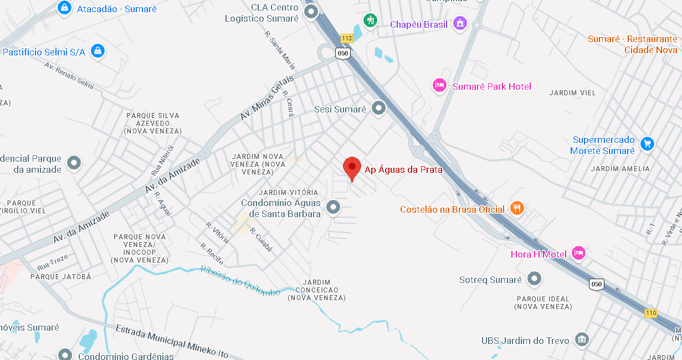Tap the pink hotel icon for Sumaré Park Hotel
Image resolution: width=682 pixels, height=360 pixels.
[439, 85]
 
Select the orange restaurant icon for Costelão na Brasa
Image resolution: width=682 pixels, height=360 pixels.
[517, 208]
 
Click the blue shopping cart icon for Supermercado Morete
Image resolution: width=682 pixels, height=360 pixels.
[647, 144]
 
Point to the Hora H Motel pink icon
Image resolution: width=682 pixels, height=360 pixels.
[578, 253]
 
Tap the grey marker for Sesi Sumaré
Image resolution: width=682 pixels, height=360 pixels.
[378, 108]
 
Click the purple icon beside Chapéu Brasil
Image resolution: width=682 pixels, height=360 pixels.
[459, 23]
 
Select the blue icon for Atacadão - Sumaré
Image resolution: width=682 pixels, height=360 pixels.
[65, 8]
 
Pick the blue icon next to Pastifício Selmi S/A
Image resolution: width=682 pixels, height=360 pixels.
[98, 51]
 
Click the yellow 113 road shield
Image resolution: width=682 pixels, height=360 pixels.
[347, 38]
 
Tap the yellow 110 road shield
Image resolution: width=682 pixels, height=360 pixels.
[650, 313]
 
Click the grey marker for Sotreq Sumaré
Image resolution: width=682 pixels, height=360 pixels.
[534, 279]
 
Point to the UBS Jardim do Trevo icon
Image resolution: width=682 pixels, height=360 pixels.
[581, 339]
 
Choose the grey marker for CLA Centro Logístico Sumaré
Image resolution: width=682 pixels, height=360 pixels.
[311, 12]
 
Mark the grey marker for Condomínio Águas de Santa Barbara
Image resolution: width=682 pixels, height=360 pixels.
[332, 207]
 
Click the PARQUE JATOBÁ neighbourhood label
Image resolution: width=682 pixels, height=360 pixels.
[60, 276]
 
